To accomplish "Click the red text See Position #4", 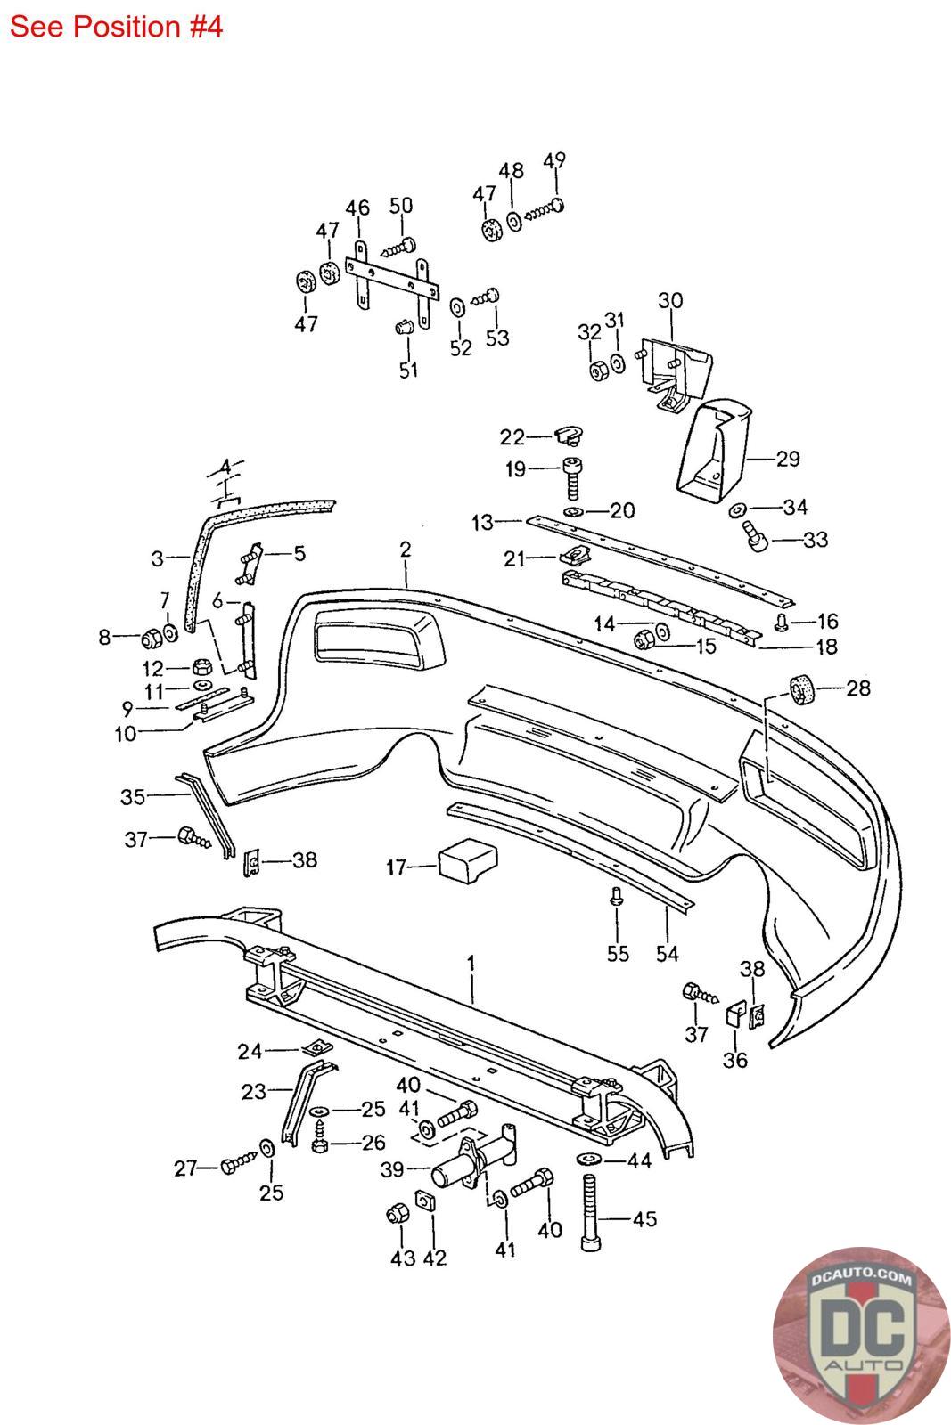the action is pyautogui.click(x=116, y=27).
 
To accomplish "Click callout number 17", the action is pyautogui.click(x=396, y=867).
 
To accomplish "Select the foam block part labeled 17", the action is pyautogui.click(x=468, y=860).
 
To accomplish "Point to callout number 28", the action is pyautogui.click(x=857, y=688).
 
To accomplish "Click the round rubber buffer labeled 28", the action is pyautogui.click(x=803, y=690).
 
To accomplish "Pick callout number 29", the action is pyautogui.click(x=788, y=459).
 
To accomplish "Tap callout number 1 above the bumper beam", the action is pyautogui.click(x=471, y=963).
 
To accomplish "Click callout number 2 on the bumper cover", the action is pyautogui.click(x=406, y=550).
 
